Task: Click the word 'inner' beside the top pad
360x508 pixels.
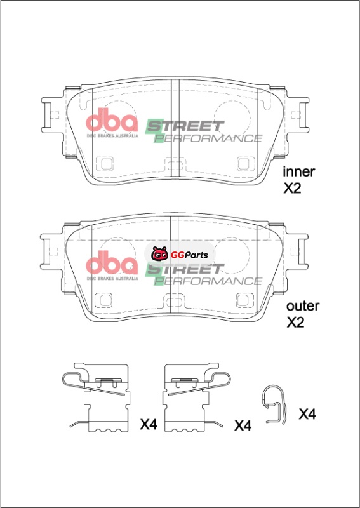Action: point(298,171)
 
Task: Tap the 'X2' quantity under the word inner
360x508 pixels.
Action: point(292,189)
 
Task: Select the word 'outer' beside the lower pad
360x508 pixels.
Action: point(303,306)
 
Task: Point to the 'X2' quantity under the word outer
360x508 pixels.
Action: point(295,323)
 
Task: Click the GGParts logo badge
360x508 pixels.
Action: point(180,255)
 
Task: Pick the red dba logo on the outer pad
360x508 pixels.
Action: point(112,262)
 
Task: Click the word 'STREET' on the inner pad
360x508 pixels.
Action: point(185,126)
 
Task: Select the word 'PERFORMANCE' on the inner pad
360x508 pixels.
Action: point(208,138)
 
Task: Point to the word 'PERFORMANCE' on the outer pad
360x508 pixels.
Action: point(208,281)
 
